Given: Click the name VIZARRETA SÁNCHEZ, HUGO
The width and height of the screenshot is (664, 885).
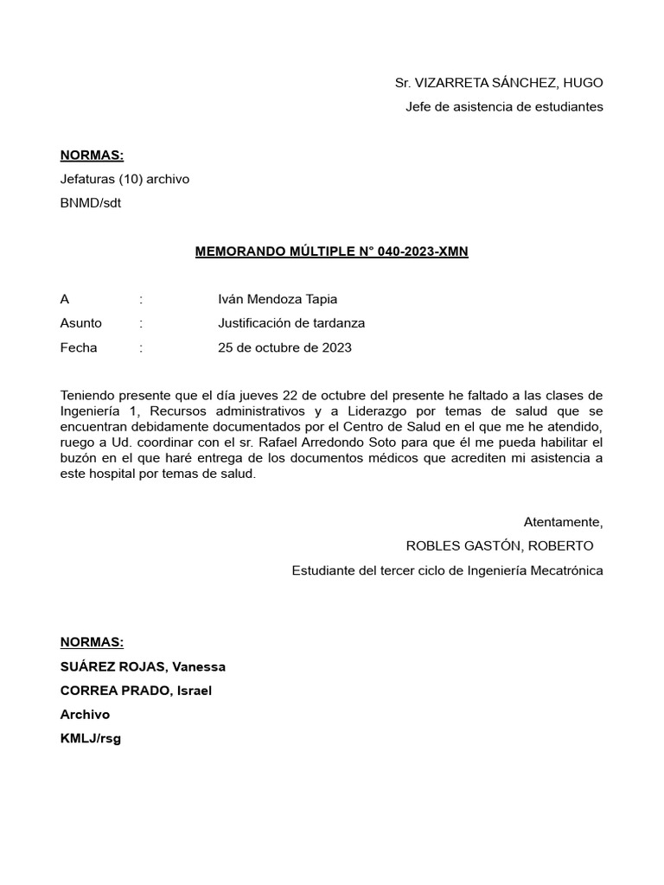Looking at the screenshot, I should point(509,83).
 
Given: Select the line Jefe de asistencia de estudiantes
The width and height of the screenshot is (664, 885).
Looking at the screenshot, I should point(504,107).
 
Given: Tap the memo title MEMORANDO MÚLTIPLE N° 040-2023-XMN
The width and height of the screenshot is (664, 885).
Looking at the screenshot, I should point(332,252).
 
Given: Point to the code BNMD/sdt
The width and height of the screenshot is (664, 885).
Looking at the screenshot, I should point(85,204).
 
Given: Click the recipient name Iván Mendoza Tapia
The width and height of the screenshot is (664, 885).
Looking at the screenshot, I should point(278,299).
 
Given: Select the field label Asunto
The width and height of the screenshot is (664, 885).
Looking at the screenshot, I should point(81,323).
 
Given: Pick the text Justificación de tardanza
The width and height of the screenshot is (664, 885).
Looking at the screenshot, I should point(291,323).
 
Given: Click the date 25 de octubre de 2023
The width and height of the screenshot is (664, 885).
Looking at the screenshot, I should point(284,347).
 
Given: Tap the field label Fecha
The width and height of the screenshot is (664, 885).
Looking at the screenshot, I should point(79,347).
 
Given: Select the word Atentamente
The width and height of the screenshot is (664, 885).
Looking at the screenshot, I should point(563,522).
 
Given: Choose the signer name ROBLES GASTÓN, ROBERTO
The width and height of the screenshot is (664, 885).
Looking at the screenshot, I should point(500,546).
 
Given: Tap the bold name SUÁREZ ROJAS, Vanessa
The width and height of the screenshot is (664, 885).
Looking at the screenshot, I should point(143,666).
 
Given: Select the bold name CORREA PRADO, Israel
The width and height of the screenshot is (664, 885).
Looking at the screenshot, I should point(136,691).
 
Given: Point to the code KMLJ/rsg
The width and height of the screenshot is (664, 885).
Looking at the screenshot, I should point(91,739).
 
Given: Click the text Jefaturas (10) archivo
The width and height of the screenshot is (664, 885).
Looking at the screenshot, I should point(124,180).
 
